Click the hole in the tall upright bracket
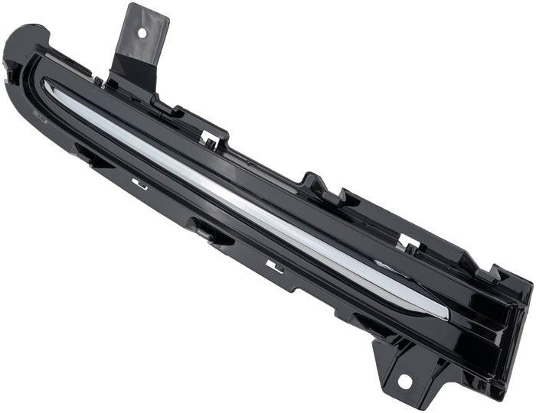coord(140,33)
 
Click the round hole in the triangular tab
coord(404,380)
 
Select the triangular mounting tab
coord(402,367)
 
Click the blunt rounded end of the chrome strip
coord(443,311)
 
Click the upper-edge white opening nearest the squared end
coord(409,246)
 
